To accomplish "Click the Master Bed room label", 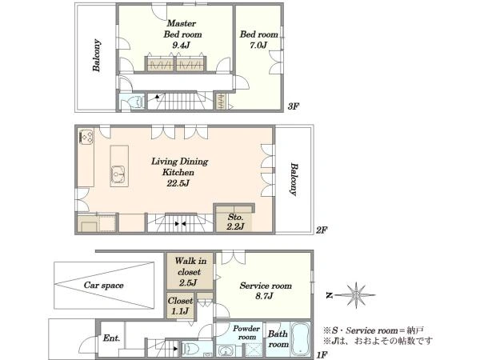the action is pyautogui.click(x=182, y=29).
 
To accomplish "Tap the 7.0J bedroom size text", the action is pyautogui.click(x=258, y=46).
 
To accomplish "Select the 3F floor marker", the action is pyautogui.click(x=293, y=106).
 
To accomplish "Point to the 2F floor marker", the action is pyautogui.click(x=322, y=230).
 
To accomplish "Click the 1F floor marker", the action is pyautogui.click(x=322, y=355).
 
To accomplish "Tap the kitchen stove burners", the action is pyautogui.click(x=86, y=137).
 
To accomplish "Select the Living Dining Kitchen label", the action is pyautogui.click(x=179, y=167).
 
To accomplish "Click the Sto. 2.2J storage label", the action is pyautogui.click(x=235, y=222).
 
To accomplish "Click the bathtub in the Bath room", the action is pyautogui.click(x=300, y=339).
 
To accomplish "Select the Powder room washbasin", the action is pyautogui.click(x=226, y=350).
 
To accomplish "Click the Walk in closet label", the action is pyautogui.click(x=190, y=271).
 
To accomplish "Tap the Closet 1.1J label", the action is pyautogui.click(x=180, y=306).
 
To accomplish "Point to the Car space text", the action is pyautogui.click(x=104, y=286).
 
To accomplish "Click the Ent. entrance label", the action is pyautogui.click(x=111, y=338).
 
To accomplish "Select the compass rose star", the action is pyautogui.click(x=356, y=295).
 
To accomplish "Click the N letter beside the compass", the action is pyautogui.click(x=330, y=295).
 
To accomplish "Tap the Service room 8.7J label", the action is pyautogui.click(x=266, y=291).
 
